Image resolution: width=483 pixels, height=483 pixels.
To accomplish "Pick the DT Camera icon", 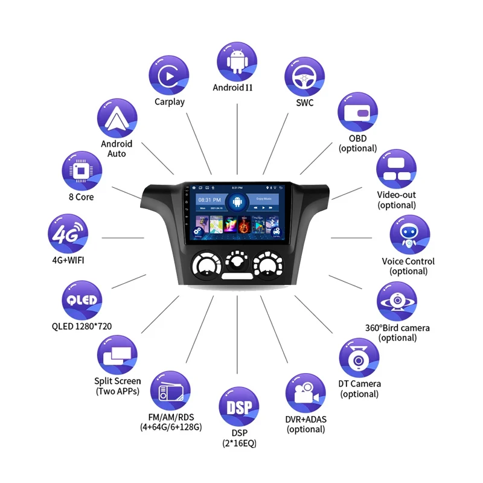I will pyautogui.click(x=359, y=358).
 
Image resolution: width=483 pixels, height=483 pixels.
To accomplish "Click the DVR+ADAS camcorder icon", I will pyautogui.click(x=305, y=393).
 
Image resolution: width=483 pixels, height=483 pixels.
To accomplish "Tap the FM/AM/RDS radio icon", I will pyautogui.click(x=170, y=391).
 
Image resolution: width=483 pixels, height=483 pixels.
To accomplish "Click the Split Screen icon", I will pyautogui.click(x=117, y=356).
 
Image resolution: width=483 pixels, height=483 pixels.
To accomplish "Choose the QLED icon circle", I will pyautogui.click(x=82, y=301).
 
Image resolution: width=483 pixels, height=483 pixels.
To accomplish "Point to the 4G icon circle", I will pyautogui.click(x=68, y=234).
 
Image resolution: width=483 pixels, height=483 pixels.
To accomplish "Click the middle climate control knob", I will pyautogui.click(x=236, y=262).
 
